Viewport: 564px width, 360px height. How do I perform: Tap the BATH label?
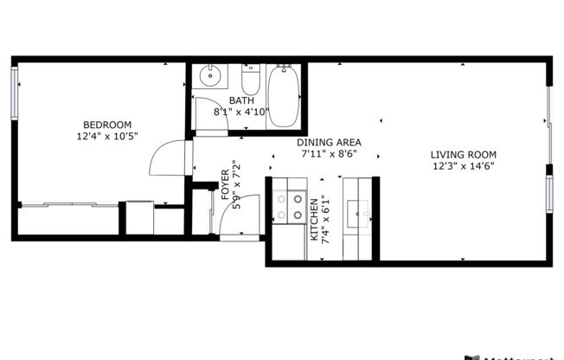coord(241,100)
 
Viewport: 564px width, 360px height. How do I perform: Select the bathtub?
coord(284,95)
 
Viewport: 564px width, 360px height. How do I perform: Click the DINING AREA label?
coord(328,143)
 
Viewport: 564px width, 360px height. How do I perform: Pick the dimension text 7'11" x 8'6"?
coord(328,155)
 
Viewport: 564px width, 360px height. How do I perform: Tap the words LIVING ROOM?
coord(463,155)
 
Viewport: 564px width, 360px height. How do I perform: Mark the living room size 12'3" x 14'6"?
coord(463,167)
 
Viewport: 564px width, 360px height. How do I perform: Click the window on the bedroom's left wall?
coord(15,92)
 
